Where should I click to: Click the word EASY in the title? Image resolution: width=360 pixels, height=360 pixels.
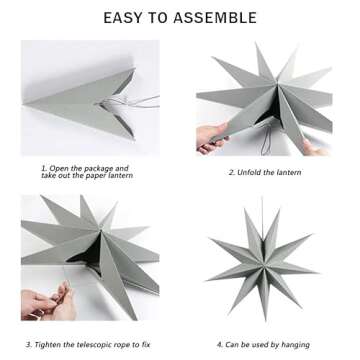click(x=124, y=18)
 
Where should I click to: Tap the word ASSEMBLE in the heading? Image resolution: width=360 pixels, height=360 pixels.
click(x=218, y=18)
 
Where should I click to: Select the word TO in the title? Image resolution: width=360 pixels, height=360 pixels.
click(x=163, y=18)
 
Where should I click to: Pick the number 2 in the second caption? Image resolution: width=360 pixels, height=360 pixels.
click(x=232, y=171)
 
